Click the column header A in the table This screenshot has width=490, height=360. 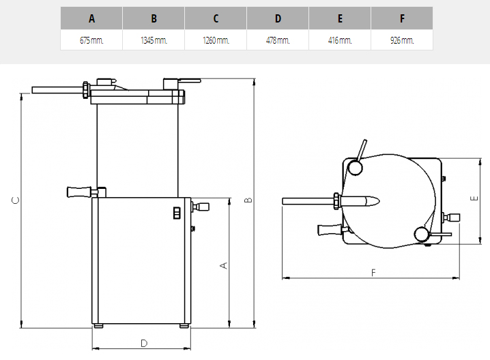[91, 18]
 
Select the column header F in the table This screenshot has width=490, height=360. [402, 18]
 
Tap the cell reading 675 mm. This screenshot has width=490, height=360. [91, 40]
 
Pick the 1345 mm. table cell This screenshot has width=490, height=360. [154, 40]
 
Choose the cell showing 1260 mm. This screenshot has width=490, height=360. [216, 40]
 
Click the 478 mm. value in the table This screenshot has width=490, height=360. [278, 40]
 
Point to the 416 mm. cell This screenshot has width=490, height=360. [340, 40]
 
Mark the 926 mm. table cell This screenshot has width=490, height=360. [402, 40]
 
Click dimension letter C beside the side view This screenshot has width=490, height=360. [15, 200]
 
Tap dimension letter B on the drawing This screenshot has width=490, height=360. [248, 200]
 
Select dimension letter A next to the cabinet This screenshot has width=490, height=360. [224, 265]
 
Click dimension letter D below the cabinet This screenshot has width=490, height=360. [144, 344]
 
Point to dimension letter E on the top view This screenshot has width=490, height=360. [474, 198]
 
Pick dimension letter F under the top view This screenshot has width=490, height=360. [373, 273]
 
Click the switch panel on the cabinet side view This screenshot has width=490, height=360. [177, 213]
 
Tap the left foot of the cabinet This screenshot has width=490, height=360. [98, 326]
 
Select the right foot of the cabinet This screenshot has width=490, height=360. [184, 326]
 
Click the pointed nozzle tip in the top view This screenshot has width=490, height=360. [379, 200]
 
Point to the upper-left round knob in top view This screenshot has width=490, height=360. [356, 167]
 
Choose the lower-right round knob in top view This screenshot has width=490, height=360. [422, 234]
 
